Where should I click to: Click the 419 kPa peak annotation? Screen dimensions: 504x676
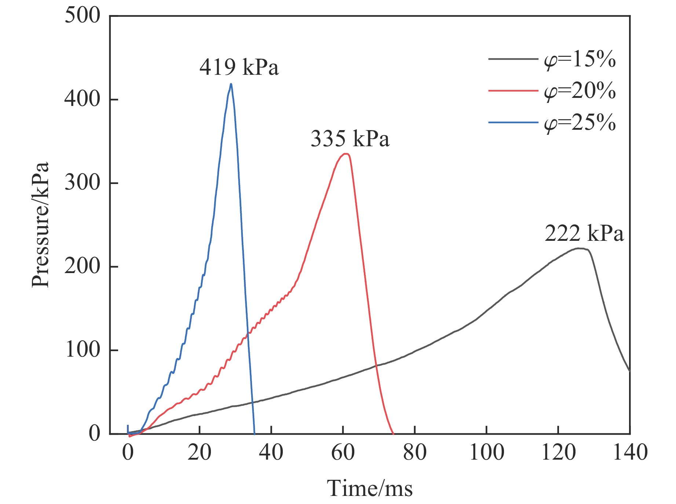click(239, 67)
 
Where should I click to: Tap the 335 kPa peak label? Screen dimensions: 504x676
click(350, 139)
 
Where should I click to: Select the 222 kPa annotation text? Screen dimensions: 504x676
click(584, 233)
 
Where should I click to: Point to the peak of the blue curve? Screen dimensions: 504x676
click(231, 84)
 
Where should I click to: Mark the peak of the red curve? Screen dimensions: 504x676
click(346, 154)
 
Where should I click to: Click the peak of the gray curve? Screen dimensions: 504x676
click(579, 249)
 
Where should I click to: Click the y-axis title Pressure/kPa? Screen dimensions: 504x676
click(40, 224)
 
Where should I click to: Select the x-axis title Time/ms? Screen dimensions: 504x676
click(370, 489)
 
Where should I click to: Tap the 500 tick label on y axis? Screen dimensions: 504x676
click(82, 16)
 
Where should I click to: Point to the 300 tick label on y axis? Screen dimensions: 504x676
click(82, 183)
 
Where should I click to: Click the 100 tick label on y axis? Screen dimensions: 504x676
click(82, 350)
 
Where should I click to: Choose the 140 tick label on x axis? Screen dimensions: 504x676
click(630, 452)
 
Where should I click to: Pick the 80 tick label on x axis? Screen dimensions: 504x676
click(414, 452)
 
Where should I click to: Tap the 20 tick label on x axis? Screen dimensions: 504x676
click(199, 452)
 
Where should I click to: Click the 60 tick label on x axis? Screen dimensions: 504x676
click(343, 452)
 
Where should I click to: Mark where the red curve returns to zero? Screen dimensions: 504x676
click(393, 433)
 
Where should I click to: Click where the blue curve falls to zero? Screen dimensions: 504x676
click(255, 433)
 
